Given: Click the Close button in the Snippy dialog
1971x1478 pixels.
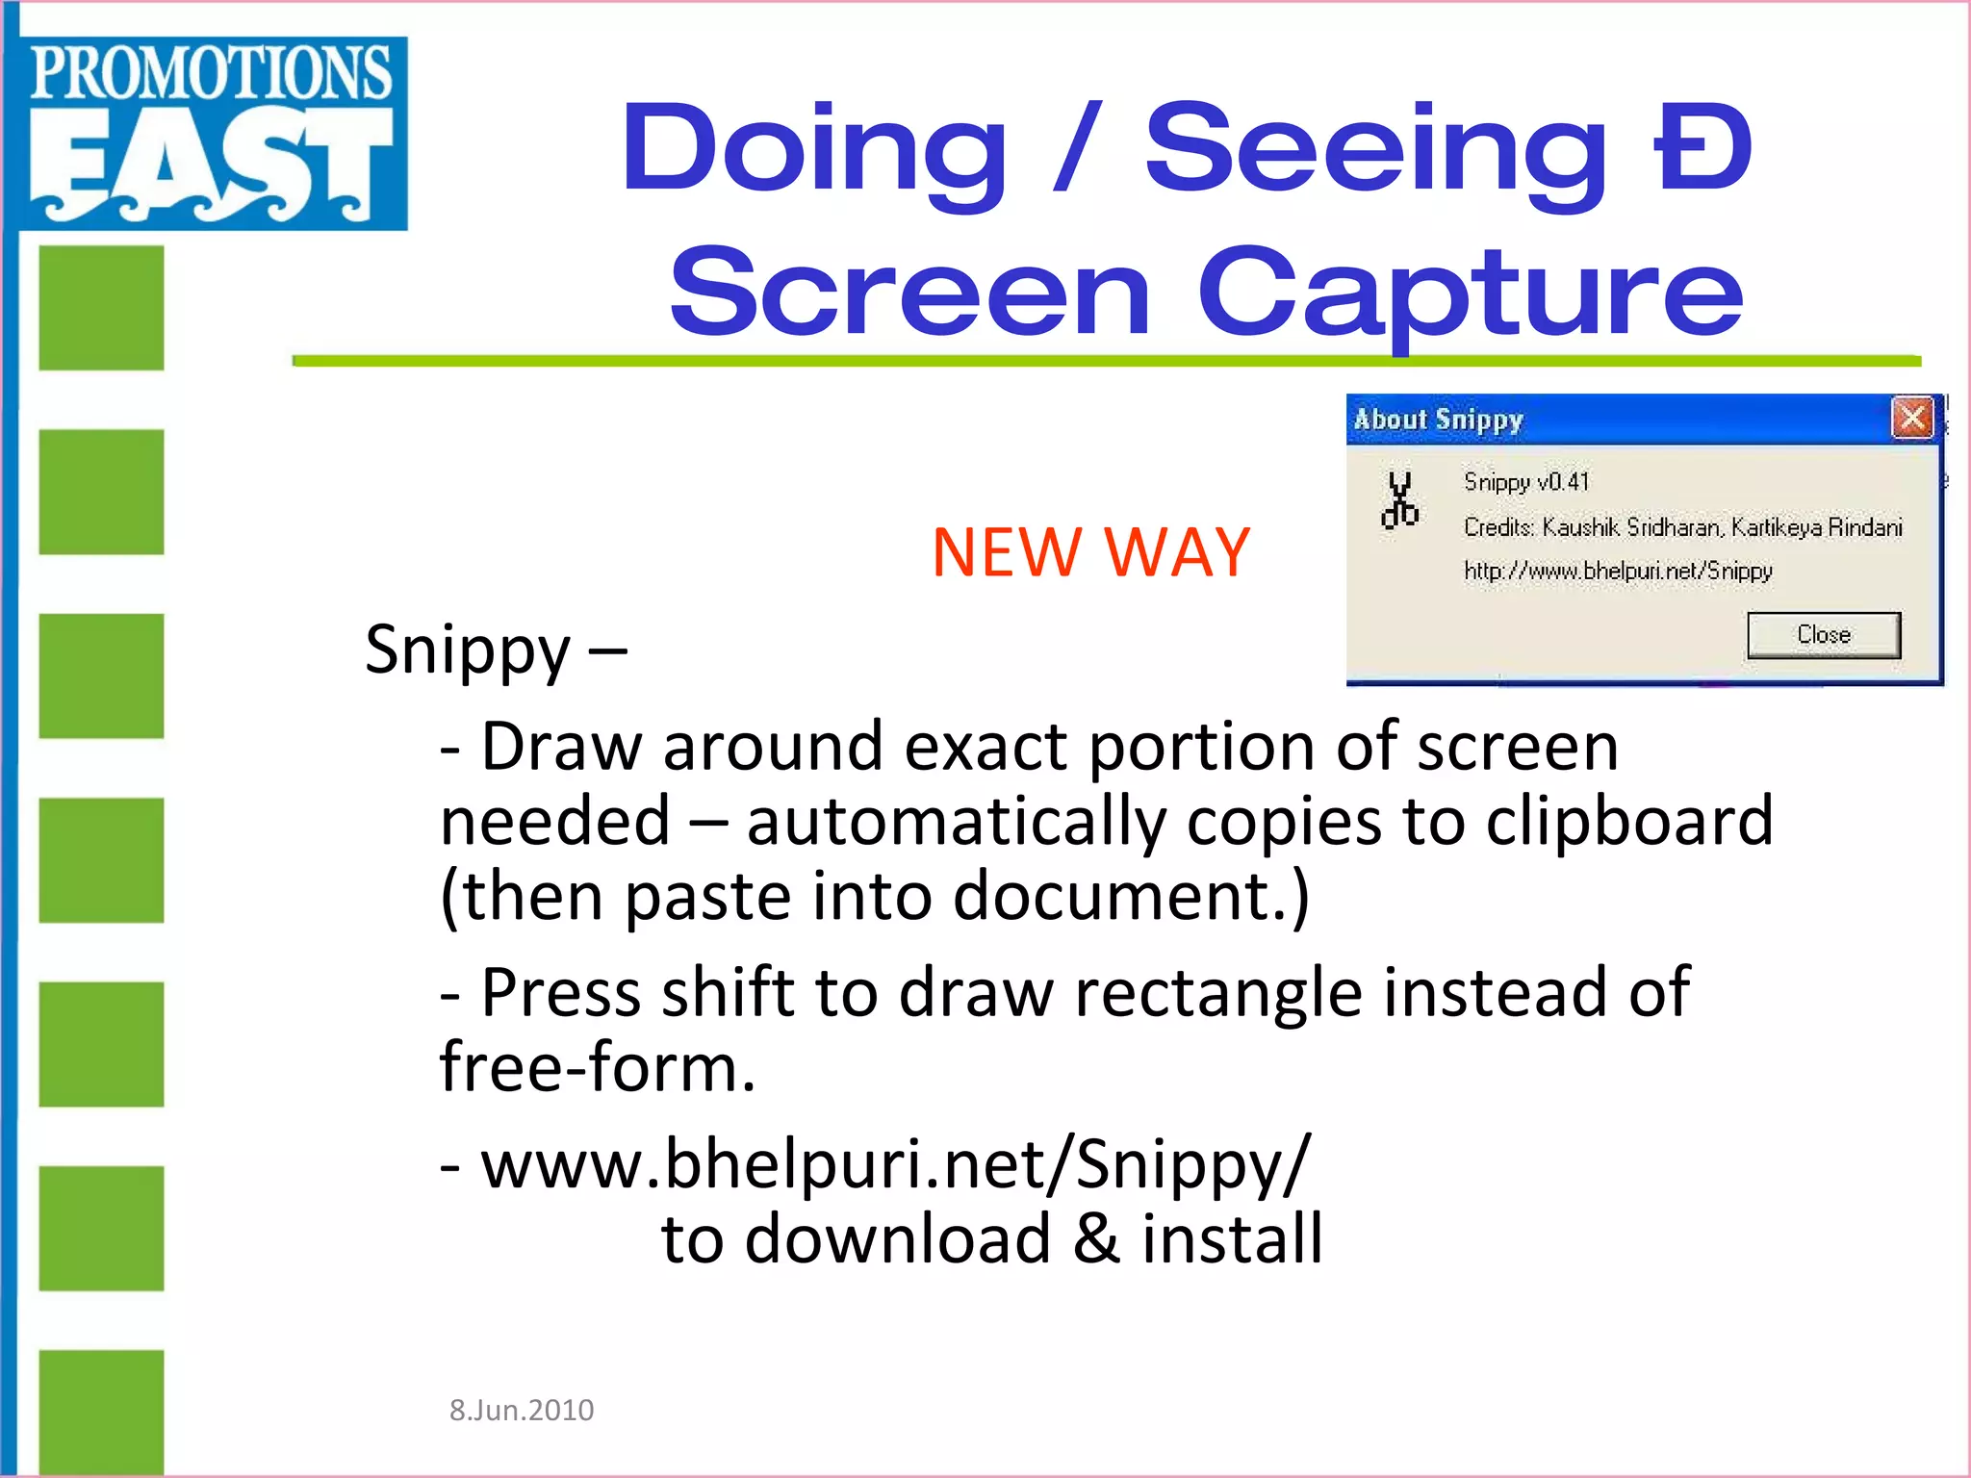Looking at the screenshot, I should [x=1824, y=635].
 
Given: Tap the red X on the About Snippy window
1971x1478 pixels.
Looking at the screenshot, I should [x=1911, y=419].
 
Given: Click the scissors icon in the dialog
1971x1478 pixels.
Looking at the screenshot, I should [x=1400, y=500].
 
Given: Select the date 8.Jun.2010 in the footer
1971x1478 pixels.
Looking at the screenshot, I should [x=522, y=1410].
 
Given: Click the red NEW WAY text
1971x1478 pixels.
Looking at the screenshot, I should [x=1090, y=552].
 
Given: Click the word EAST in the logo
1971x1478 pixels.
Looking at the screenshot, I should [x=212, y=164].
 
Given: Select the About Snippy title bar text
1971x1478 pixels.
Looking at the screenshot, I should [x=1439, y=420].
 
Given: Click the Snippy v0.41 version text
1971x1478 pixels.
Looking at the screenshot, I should [x=1526, y=481].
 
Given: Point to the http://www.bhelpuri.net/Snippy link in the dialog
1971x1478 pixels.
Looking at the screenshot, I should [x=1618, y=571].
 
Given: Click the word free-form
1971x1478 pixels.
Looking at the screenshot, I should [x=598, y=1067].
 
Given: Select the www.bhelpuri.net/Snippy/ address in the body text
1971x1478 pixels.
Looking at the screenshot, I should [x=895, y=1164].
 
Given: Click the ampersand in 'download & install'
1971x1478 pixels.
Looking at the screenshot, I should [x=1096, y=1238].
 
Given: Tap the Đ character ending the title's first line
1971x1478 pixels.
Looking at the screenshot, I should [x=1702, y=149].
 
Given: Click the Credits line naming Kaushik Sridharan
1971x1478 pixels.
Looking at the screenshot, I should [x=1682, y=527].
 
